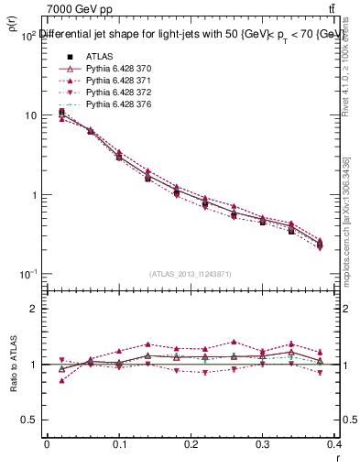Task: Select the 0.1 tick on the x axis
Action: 119,444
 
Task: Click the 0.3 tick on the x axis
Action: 263,444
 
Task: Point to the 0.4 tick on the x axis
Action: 333,444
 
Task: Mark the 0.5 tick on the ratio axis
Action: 33,420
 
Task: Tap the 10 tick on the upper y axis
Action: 32,115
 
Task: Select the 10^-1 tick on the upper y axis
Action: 28,274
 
